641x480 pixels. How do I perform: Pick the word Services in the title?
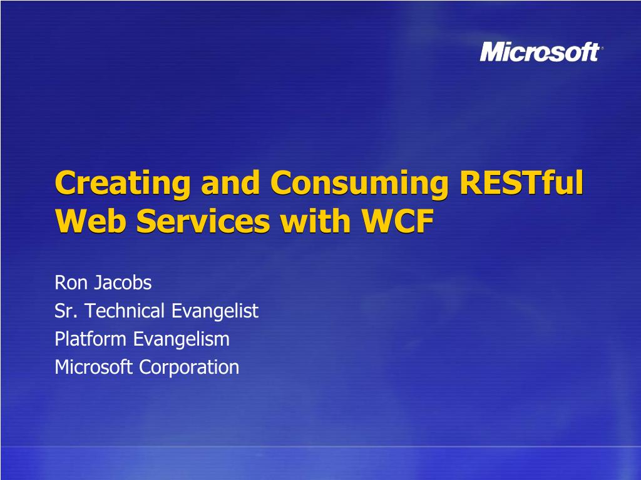coord(203,221)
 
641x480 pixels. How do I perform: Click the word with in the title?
coord(315,221)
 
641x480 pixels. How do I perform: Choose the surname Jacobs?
coord(123,283)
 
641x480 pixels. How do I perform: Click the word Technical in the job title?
coord(125,311)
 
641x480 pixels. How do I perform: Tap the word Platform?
coord(90,339)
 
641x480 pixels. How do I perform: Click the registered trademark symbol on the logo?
coord(602,48)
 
